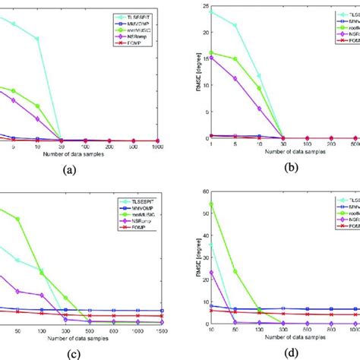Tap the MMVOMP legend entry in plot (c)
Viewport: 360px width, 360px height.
click(140, 207)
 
